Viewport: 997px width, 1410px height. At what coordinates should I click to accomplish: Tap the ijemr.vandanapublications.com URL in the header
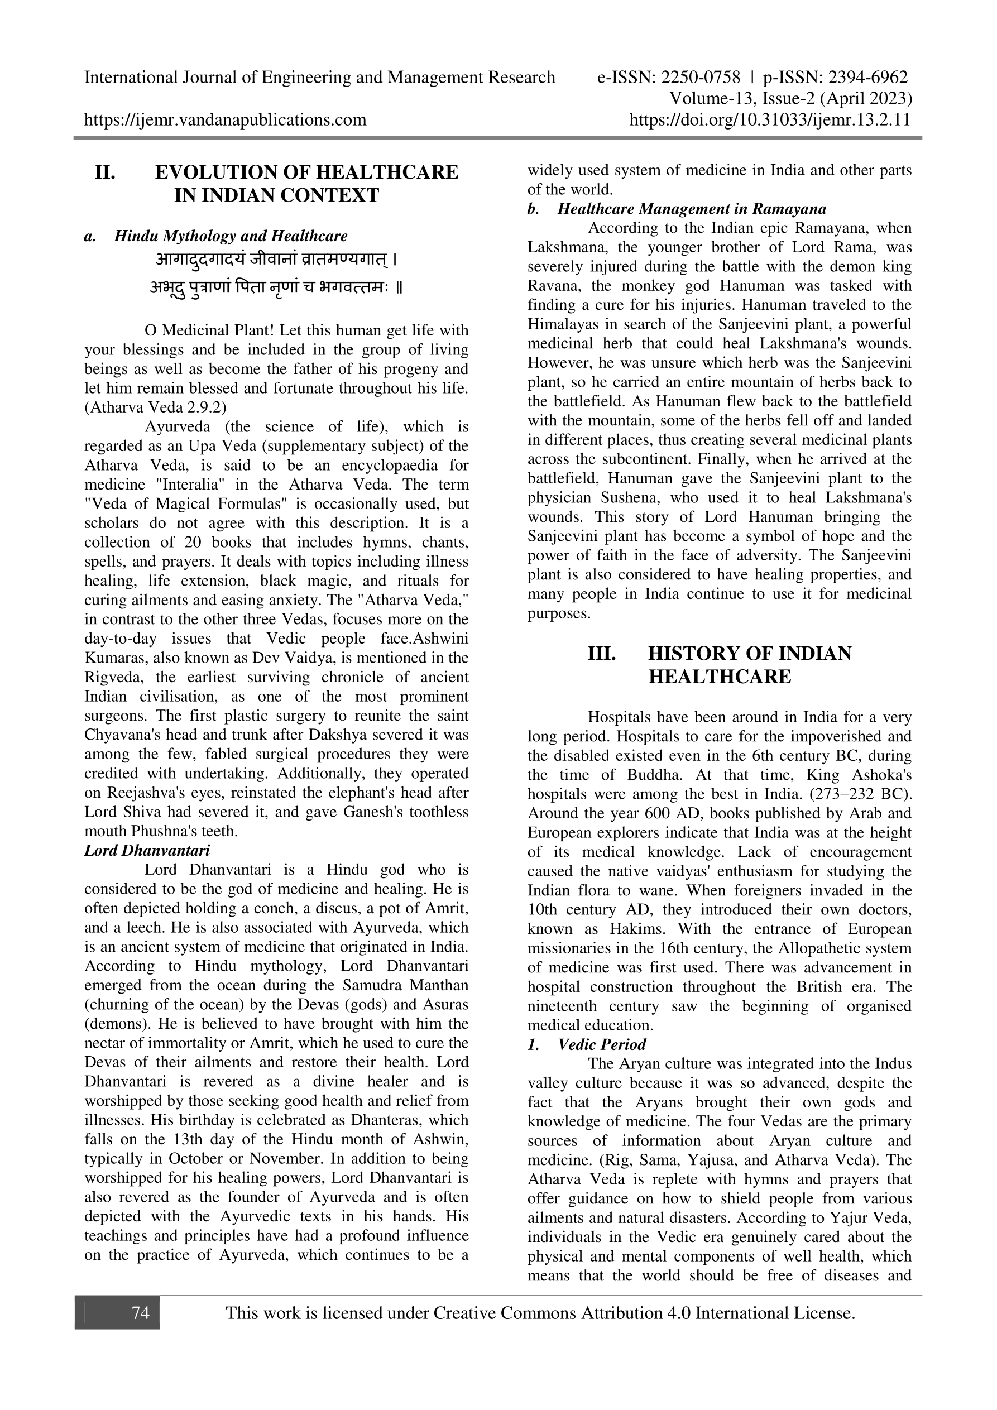click(225, 119)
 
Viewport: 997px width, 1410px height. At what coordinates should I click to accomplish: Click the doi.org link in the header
click(770, 119)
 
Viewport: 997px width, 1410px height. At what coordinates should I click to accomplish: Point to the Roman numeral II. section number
click(105, 172)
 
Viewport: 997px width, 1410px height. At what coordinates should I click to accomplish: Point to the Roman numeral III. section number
click(602, 654)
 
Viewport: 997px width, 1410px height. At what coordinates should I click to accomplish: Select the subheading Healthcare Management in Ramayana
click(692, 209)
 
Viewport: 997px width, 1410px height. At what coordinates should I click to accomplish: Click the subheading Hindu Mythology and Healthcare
click(231, 236)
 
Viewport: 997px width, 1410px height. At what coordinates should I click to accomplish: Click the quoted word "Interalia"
click(184, 485)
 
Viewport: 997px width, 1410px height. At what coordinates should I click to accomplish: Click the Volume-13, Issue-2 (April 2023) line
click(790, 98)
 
